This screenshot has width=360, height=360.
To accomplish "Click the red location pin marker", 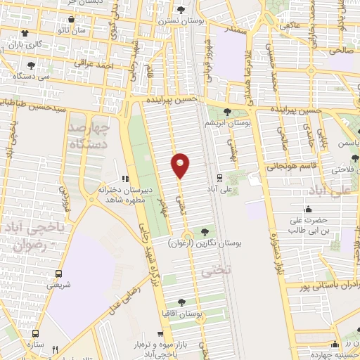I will coord(181,165).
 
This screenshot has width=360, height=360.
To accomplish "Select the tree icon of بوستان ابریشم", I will coord(227,111).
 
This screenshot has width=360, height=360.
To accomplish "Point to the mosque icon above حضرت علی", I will coord(308,209).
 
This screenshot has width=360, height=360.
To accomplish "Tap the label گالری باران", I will coord(25,45).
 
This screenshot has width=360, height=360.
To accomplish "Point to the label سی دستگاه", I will coord(34,75).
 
